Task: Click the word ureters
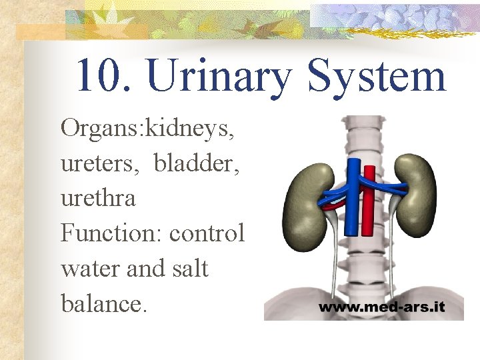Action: tap(99, 164)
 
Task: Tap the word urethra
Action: tap(98, 198)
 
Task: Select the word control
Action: tap(207, 233)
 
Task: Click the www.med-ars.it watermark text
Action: tap(381, 309)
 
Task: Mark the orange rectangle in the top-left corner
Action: tap(40, 32)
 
